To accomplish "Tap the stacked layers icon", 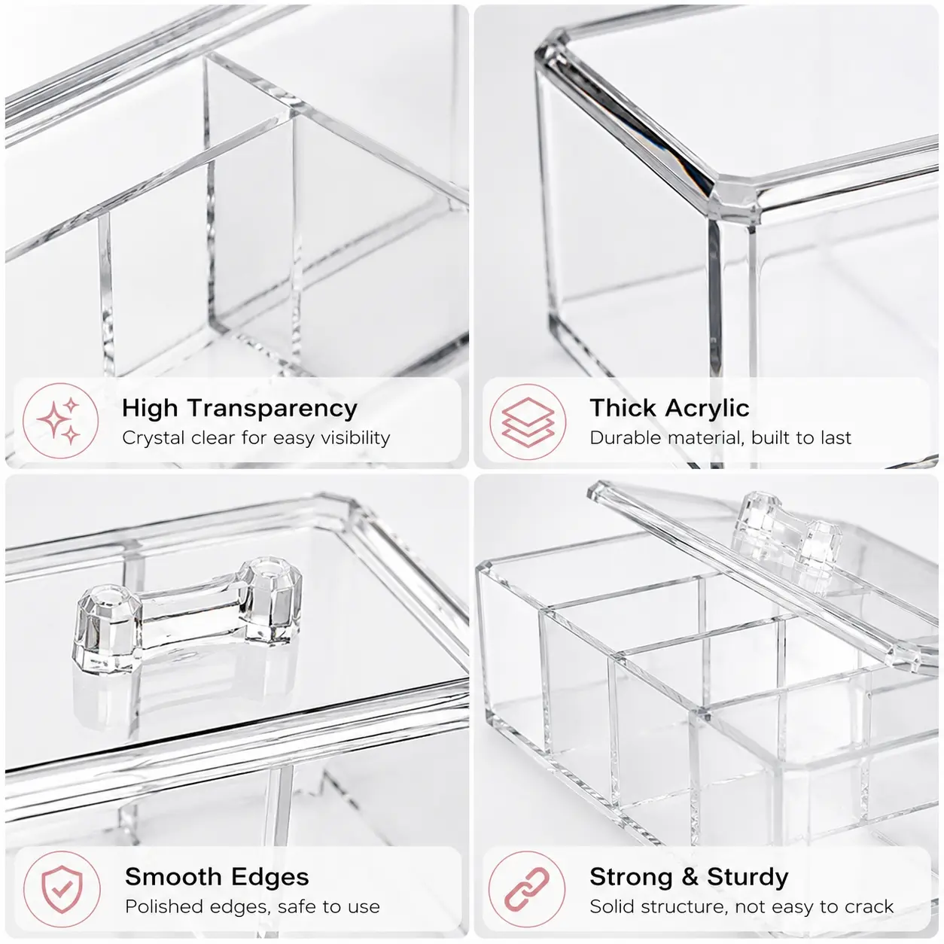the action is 528,422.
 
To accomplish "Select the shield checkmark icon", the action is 62,889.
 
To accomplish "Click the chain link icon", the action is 527,888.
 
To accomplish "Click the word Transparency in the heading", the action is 273,409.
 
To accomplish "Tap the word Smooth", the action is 173,876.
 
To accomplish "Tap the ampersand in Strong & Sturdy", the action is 690,877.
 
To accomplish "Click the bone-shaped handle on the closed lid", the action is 187,613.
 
